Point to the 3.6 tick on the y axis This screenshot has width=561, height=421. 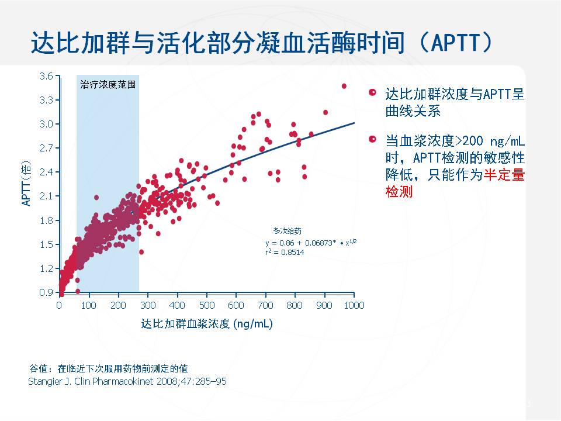[47, 76]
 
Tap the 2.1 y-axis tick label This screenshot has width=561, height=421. [47, 196]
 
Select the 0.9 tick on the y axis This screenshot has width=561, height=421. [47, 292]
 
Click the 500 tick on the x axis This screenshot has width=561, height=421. [206, 305]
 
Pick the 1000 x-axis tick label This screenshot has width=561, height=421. [353, 305]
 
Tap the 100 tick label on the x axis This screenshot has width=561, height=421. [88, 305]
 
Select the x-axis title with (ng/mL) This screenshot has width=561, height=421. [206, 323]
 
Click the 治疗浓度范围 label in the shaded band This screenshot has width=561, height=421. [108, 84]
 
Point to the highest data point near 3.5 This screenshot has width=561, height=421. [344, 86]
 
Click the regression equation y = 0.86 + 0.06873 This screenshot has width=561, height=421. [310, 241]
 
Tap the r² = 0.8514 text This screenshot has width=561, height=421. [285, 252]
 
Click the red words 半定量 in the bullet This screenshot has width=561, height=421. [504, 175]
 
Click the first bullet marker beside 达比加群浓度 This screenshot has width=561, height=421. [372, 94]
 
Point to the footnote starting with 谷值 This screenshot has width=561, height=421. [108, 368]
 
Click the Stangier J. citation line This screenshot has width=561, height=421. [127, 381]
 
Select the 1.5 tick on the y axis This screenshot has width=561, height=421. [47, 244]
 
